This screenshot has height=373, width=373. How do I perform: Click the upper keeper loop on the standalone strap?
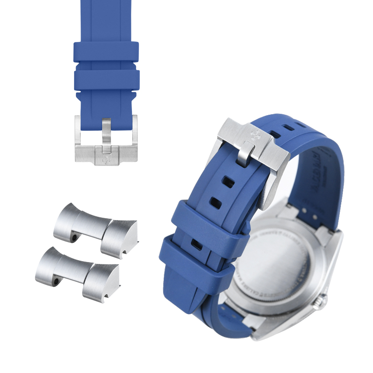click(x=106, y=52)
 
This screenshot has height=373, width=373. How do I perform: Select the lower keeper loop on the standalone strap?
click(x=106, y=81)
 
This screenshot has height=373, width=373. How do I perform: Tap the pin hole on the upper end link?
click(x=73, y=239)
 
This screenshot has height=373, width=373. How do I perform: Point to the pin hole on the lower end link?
click(x=55, y=282)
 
